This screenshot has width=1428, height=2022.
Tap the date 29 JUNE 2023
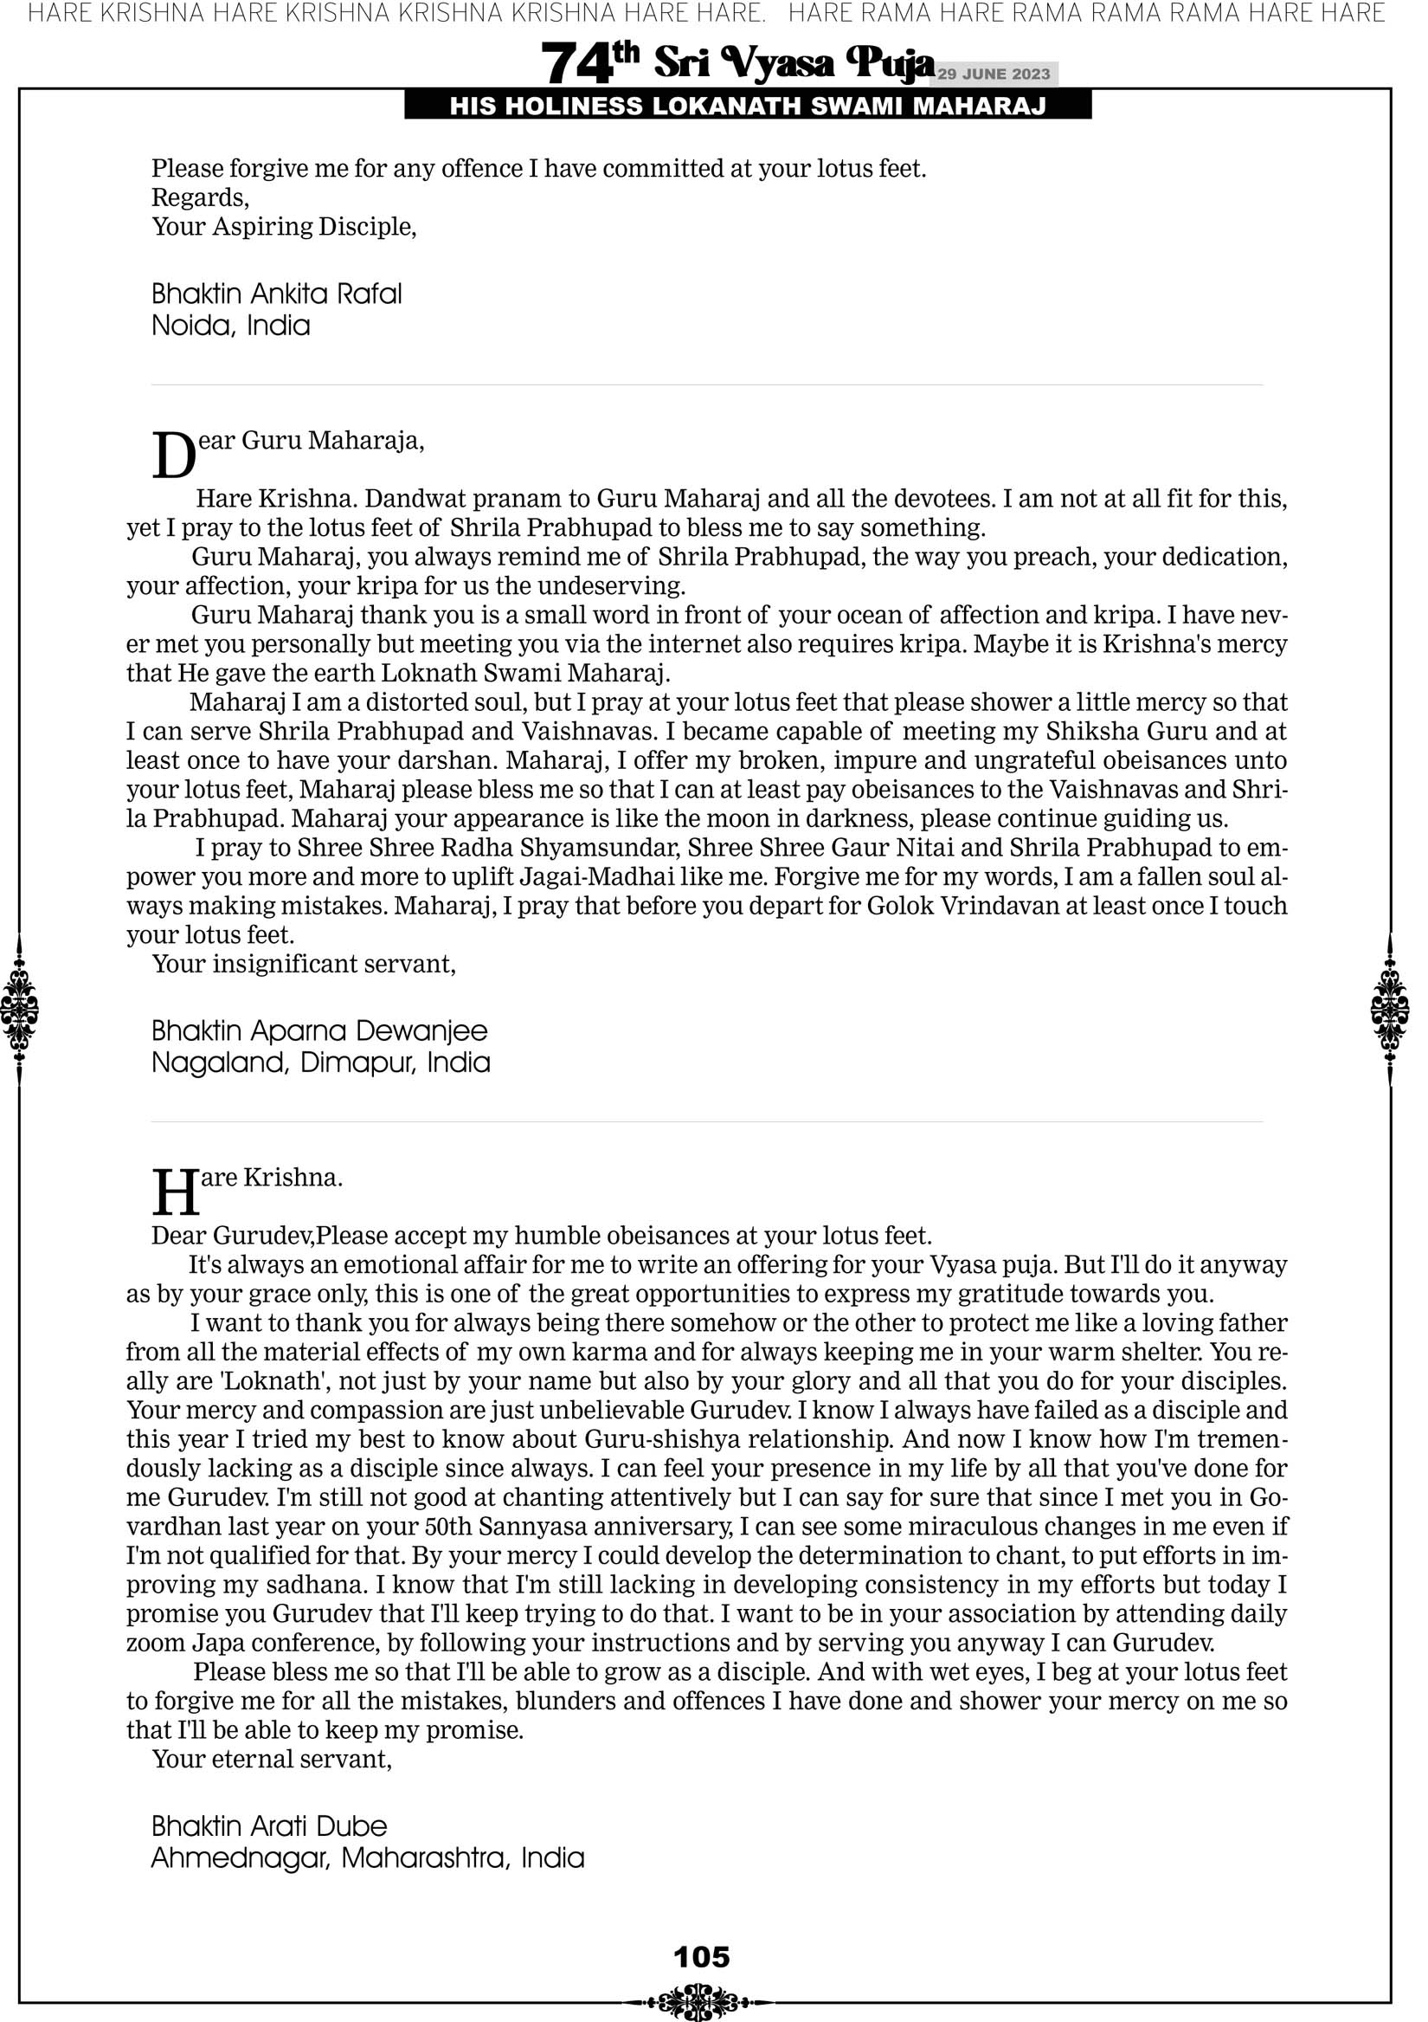[x=993, y=74]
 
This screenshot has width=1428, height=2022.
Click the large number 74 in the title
[x=576, y=63]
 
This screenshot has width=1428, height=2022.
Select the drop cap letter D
[x=173, y=456]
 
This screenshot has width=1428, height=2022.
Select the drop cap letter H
[x=175, y=1193]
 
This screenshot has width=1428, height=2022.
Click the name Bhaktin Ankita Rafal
[x=276, y=294]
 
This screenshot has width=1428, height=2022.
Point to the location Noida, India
[x=231, y=326]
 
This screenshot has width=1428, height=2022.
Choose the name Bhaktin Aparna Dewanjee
[x=318, y=1030]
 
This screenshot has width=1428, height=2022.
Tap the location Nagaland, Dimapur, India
[x=320, y=1063]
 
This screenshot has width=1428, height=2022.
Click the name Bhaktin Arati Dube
[x=268, y=1825]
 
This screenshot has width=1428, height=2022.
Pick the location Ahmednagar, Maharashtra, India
[x=367, y=1858]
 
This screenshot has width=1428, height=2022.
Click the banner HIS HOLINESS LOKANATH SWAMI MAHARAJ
[x=748, y=107]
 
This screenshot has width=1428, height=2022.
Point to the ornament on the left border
[x=19, y=1009]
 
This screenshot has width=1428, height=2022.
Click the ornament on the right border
[x=1390, y=1009]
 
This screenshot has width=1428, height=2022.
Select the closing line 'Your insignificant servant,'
[x=304, y=965]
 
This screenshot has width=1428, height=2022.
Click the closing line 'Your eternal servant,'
[x=271, y=1760]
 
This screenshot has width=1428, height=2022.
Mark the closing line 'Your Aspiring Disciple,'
[x=284, y=227]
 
